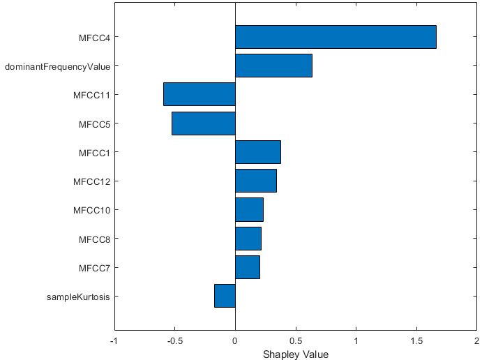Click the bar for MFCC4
point(336,37)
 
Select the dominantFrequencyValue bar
point(273,66)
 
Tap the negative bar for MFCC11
point(199,94)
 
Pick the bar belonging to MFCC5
point(203,123)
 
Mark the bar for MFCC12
point(255,181)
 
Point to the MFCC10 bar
point(249,209)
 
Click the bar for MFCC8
point(248,238)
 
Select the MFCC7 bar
point(247,267)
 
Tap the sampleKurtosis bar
point(225,296)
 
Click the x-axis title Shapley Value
point(295,354)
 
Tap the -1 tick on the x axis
point(114,340)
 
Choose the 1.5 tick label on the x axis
point(416,340)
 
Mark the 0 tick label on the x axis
point(235,340)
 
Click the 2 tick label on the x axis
point(476,340)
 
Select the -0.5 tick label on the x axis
point(174,340)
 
